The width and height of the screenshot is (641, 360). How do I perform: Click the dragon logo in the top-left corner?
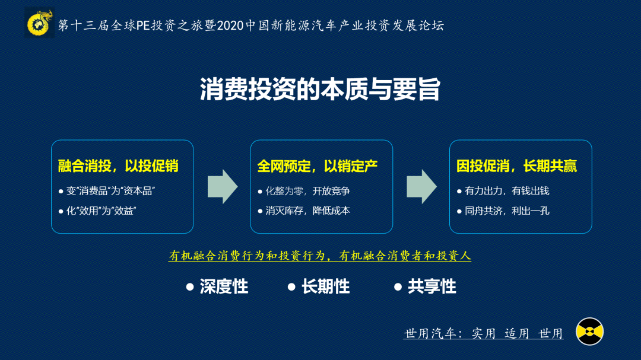(40, 24)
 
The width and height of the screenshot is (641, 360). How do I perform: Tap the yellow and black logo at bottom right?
(589, 332)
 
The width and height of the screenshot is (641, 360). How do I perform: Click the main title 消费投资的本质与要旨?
(320, 90)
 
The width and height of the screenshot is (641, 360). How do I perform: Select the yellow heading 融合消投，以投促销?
(118, 165)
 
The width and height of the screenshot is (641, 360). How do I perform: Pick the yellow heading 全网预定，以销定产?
(318, 165)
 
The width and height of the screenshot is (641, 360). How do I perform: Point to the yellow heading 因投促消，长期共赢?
(516, 165)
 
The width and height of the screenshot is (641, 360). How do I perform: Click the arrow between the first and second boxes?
(223, 187)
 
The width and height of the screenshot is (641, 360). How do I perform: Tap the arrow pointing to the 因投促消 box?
(421, 187)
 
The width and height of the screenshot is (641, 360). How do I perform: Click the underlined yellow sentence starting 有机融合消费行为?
(320, 256)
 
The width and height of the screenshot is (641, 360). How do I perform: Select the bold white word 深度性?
(223, 287)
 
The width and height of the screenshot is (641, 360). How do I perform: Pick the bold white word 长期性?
(325, 287)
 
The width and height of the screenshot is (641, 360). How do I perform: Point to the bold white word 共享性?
(431, 287)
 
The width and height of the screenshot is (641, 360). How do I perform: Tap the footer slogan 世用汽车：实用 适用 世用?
(483, 333)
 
